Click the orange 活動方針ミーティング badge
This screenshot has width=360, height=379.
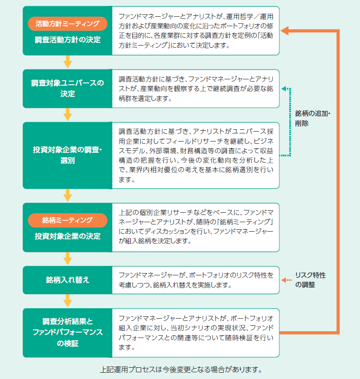point(68,24)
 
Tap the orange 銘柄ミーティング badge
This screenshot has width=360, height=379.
point(68,220)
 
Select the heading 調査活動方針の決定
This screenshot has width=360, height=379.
point(68,40)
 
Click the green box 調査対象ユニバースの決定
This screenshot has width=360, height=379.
point(68,89)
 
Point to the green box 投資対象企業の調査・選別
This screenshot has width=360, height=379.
point(68,155)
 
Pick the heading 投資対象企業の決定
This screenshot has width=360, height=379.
point(68,236)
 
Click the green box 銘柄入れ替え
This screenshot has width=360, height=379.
point(68,280)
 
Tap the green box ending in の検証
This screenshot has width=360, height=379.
point(68,333)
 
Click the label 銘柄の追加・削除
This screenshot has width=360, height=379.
point(312,118)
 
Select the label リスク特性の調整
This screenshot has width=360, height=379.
point(310,280)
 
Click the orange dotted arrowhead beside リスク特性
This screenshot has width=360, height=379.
point(284,280)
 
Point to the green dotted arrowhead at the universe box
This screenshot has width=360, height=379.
point(284,89)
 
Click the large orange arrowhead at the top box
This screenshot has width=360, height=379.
point(285,31)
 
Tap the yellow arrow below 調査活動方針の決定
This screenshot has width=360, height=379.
point(68,62)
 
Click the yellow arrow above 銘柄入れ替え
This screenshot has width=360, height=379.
point(68,259)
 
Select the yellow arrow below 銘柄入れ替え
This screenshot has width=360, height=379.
point(68,301)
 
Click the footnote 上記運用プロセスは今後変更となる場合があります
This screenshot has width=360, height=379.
point(181,370)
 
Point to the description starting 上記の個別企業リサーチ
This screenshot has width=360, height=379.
point(196,227)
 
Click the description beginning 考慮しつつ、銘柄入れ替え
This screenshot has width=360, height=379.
point(175,285)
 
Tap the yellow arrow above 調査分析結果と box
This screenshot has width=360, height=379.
point(68,301)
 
